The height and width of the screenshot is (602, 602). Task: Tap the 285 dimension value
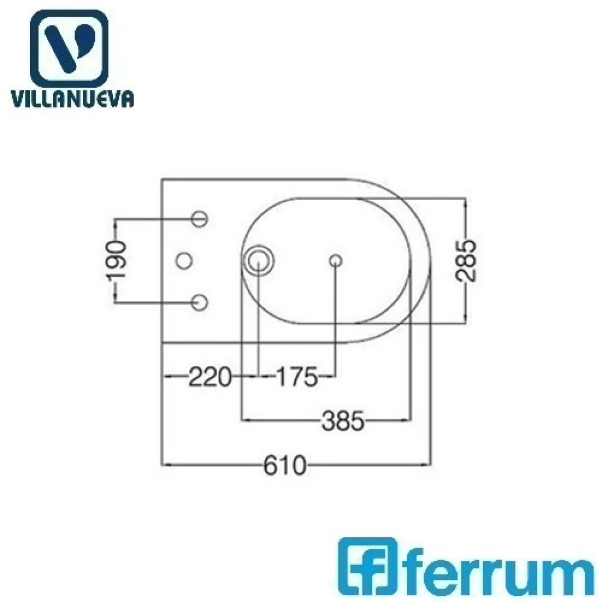coord(465,261)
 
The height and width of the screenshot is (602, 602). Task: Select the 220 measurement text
coord(210,377)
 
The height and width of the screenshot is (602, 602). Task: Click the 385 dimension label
coord(342,421)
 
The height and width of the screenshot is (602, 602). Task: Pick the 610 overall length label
coord(285,465)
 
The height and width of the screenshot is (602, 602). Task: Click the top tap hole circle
coord(200,219)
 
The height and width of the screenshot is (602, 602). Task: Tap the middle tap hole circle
coord(184,261)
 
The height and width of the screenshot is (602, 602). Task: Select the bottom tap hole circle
coord(200,303)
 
